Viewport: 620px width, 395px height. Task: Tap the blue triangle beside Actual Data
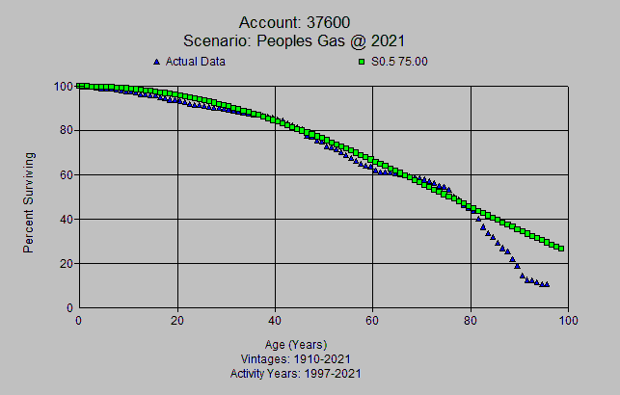(x=157, y=62)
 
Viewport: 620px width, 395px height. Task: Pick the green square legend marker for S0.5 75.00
(x=362, y=62)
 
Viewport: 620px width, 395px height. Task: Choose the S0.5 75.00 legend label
(x=399, y=62)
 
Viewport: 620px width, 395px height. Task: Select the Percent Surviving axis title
(x=29, y=201)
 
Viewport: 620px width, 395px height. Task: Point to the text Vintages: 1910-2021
(x=295, y=358)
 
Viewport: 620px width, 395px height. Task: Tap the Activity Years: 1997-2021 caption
(x=295, y=372)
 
